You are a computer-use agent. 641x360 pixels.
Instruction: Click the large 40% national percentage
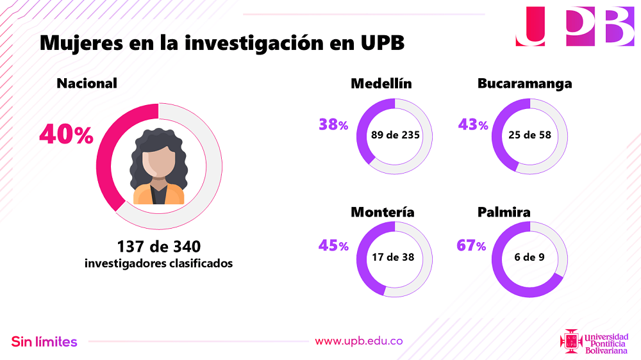click(x=66, y=135)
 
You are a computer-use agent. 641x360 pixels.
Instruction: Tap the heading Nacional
click(x=87, y=83)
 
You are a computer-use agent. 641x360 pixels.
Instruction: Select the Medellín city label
click(x=381, y=84)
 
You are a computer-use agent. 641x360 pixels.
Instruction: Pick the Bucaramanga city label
click(x=524, y=84)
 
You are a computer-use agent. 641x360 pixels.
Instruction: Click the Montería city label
click(x=382, y=212)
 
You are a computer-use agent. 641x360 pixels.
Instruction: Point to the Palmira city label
click(x=504, y=212)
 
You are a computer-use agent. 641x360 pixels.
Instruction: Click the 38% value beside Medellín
click(x=333, y=125)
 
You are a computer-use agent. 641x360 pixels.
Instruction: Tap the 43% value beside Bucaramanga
click(x=473, y=125)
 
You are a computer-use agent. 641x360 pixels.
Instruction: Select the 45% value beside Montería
click(x=333, y=246)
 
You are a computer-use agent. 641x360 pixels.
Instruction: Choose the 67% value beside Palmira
click(x=471, y=246)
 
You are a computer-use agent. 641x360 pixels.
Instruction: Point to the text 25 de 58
click(x=529, y=135)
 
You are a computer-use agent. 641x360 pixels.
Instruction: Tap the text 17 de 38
click(x=393, y=257)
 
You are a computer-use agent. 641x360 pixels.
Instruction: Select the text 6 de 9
click(x=529, y=257)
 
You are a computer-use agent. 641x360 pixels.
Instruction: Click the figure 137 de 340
click(x=158, y=247)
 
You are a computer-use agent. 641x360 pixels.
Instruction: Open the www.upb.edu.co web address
click(x=358, y=341)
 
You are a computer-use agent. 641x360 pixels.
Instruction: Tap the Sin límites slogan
click(x=44, y=341)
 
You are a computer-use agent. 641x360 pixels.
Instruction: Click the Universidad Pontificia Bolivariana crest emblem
click(x=570, y=341)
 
